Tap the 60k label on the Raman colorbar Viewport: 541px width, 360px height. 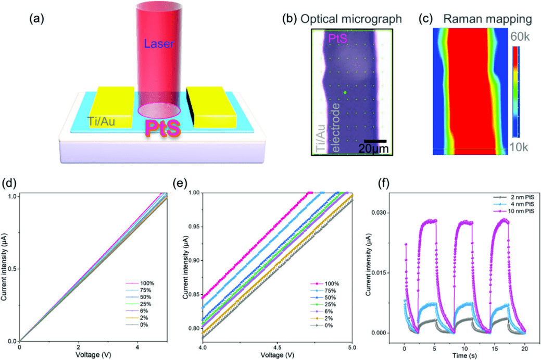(520, 38)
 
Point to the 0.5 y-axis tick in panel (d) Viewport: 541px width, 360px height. (11, 269)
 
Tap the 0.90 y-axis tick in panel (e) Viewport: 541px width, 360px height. (194, 260)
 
